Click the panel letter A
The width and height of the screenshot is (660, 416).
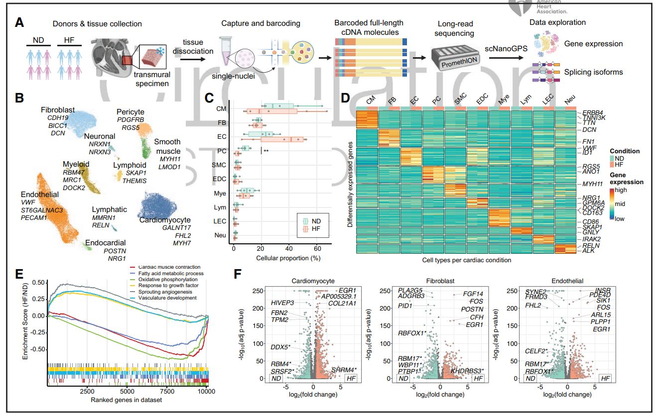[19, 23]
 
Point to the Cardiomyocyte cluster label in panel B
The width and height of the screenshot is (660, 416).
[165, 219]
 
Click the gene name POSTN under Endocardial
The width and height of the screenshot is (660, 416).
[115, 251]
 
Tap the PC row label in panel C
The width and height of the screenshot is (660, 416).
[222, 150]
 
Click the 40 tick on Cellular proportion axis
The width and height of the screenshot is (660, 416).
[289, 249]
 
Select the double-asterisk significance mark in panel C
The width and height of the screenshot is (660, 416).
[266, 150]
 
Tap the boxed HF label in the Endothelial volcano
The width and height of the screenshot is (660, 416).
[606, 379]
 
